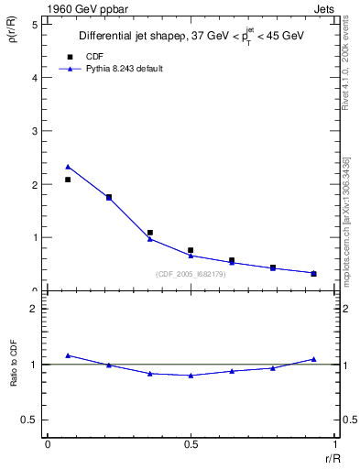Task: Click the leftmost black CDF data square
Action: click(x=68, y=180)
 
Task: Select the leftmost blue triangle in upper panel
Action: click(x=68, y=167)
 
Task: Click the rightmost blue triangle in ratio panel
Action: click(x=313, y=359)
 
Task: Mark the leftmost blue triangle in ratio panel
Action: click(x=68, y=354)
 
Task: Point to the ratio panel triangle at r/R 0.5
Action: click(x=191, y=376)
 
